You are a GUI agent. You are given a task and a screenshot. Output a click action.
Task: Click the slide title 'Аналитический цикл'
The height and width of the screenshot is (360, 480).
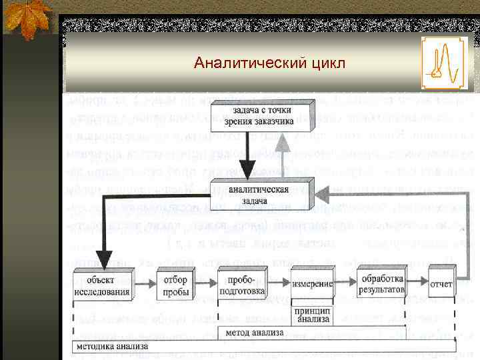pyautogui.click(x=269, y=64)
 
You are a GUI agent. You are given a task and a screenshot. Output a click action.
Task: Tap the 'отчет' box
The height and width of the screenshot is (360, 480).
pyautogui.click(x=441, y=284)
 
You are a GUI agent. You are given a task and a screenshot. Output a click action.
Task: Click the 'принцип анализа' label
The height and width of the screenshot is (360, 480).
pyautogui.click(x=313, y=315)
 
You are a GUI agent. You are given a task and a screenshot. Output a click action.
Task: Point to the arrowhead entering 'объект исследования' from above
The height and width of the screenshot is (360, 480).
pyautogui.click(x=103, y=261)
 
